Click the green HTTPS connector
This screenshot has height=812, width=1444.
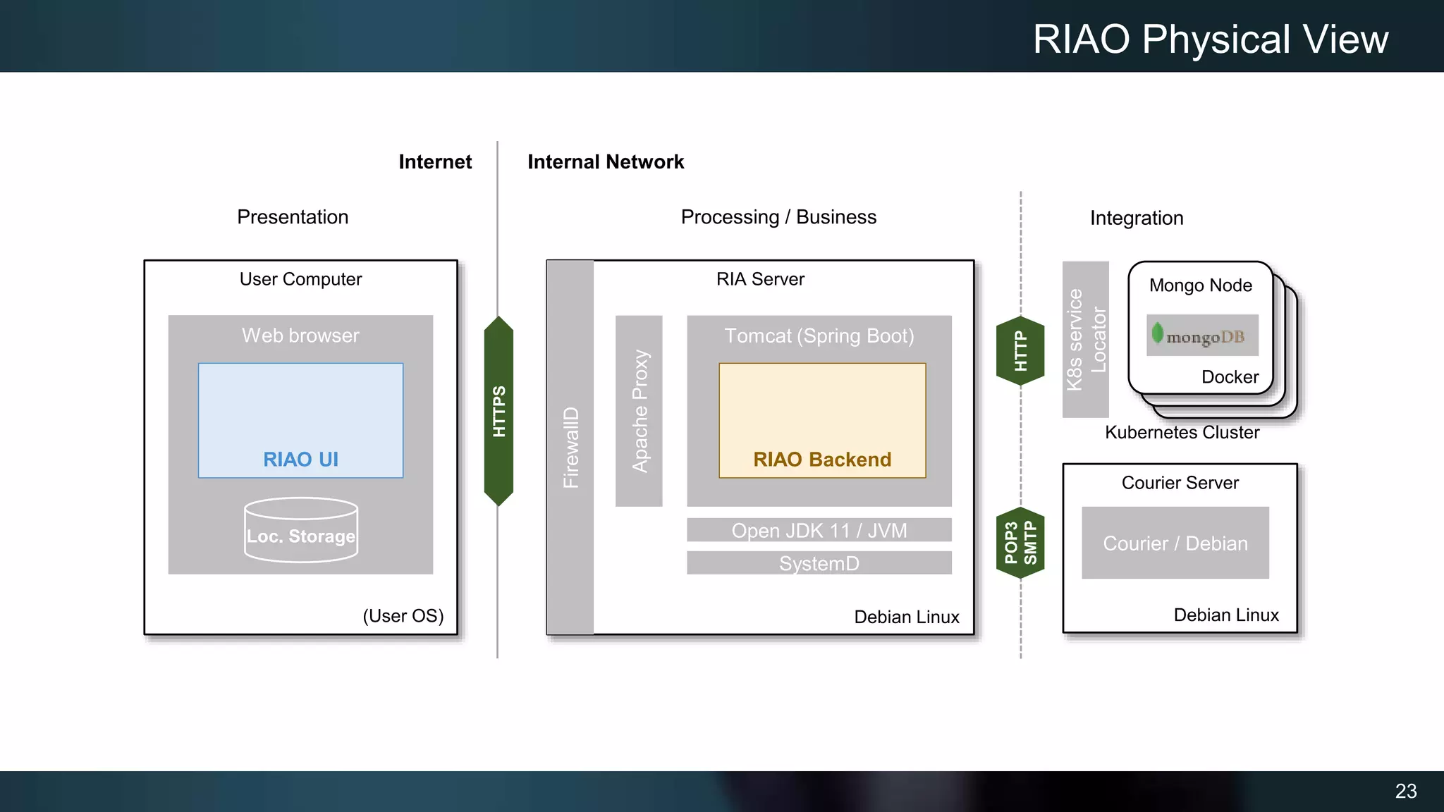(x=498, y=411)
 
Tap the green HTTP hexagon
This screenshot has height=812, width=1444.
(x=1020, y=350)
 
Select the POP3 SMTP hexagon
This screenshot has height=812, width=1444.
(x=1020, y=543)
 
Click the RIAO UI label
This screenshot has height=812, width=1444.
(x=300, y=460)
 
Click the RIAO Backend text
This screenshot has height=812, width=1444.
(x=821, y=460)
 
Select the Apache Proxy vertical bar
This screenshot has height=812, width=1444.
(x=639, y=411)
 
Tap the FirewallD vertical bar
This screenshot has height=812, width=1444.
(x=570, y=447)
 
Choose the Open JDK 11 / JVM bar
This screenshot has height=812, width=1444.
(x=819, y=530)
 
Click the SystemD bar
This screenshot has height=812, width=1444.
(x=819, y=563)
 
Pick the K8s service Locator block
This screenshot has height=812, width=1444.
(x=1085, y=340)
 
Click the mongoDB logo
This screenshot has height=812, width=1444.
(x=1202, y=336)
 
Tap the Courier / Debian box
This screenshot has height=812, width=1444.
(x=1175, y=543)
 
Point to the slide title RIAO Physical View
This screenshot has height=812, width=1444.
(x=1210, y=39)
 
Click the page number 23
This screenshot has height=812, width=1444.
(x=1405, y=791)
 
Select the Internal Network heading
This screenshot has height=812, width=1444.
(x=606, y=162)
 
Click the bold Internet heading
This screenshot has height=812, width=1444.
(x=435, y=162)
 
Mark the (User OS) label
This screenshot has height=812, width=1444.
(x=403, y=616)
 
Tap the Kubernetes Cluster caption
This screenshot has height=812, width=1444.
(x=1182, y=432)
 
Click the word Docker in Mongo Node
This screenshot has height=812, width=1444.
(x=1230, y=377)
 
